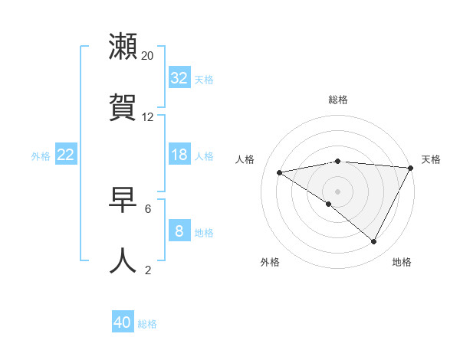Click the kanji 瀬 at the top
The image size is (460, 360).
pos(123,47)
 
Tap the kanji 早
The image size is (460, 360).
pos(123,201)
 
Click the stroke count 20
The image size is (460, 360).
pos(148,56)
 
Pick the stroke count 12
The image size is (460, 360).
pos(148,116)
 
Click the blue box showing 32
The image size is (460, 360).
pos(179,78)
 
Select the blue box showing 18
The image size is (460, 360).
pos(179,155)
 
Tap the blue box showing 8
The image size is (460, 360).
pos(179,231)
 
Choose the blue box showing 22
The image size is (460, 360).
pos(66,155)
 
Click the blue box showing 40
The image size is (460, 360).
pos(123,322)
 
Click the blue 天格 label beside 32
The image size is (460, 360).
pos(204,79)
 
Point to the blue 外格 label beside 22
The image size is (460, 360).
pos(41,155)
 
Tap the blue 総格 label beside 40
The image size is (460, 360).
pos(147,323)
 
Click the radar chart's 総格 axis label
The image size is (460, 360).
pos(338,100)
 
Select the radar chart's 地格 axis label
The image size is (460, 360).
pos(402,262)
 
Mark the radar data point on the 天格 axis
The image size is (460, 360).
pos(411,168)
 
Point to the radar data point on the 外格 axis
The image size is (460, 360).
pos(329,204)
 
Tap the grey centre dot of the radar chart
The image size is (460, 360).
pos(337,191)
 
